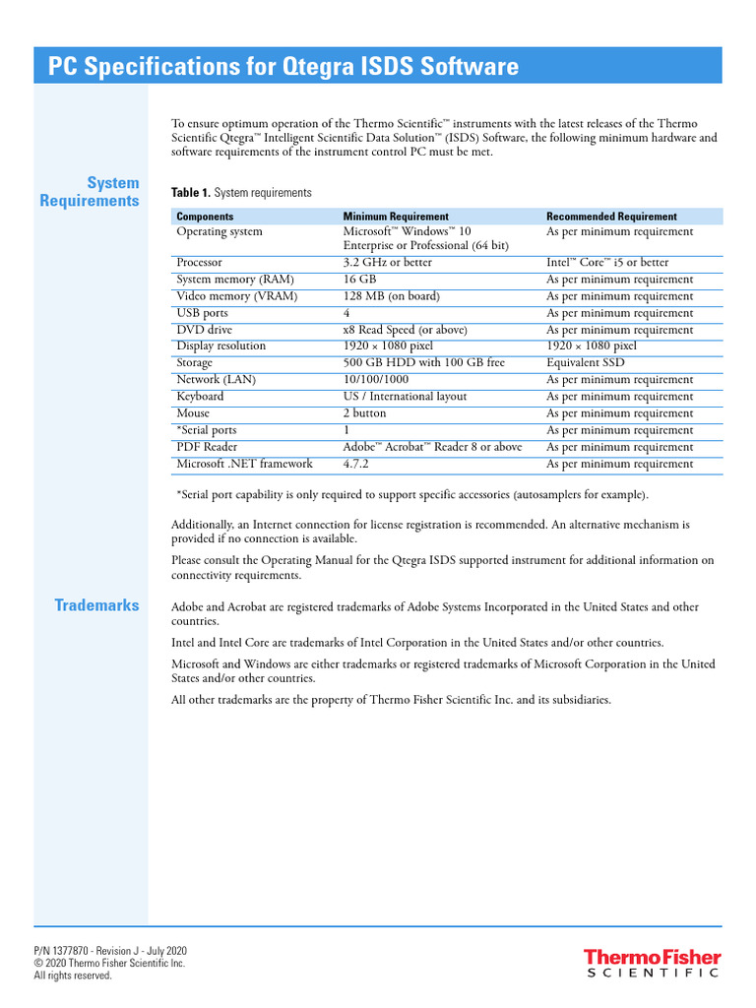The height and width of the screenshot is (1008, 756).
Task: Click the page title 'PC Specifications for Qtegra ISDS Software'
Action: coord(283,67)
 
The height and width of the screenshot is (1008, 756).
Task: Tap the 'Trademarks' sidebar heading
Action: coord(96,605)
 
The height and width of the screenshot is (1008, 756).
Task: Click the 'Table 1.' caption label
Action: coord(191,193)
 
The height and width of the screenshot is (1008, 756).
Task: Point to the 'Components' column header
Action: coord(205,217)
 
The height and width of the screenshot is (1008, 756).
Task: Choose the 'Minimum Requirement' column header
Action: coord(395,217)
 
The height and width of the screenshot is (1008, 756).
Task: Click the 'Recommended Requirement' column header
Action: coord(611,217)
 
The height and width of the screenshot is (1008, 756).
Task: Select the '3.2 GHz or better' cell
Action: coord(387,263)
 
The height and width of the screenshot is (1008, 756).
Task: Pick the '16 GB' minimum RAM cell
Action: coord(359,280)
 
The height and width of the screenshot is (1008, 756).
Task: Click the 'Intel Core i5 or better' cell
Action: coord(607,263)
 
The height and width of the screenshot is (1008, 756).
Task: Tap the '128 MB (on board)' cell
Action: coord(391,296)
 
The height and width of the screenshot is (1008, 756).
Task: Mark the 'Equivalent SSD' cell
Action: coord(585,363)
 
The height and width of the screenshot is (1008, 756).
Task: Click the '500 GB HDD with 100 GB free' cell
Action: coord(423,363)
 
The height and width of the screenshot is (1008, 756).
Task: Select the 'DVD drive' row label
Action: coord(204,330)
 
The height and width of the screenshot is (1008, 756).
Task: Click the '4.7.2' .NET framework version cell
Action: coord(356,464)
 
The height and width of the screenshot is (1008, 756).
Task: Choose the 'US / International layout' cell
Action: coord(405,397)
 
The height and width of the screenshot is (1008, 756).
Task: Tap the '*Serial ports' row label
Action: coord(206,430)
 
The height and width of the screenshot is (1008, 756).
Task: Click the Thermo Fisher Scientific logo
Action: coord(652,963)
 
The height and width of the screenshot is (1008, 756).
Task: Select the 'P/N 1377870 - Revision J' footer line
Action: coord(110,951)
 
